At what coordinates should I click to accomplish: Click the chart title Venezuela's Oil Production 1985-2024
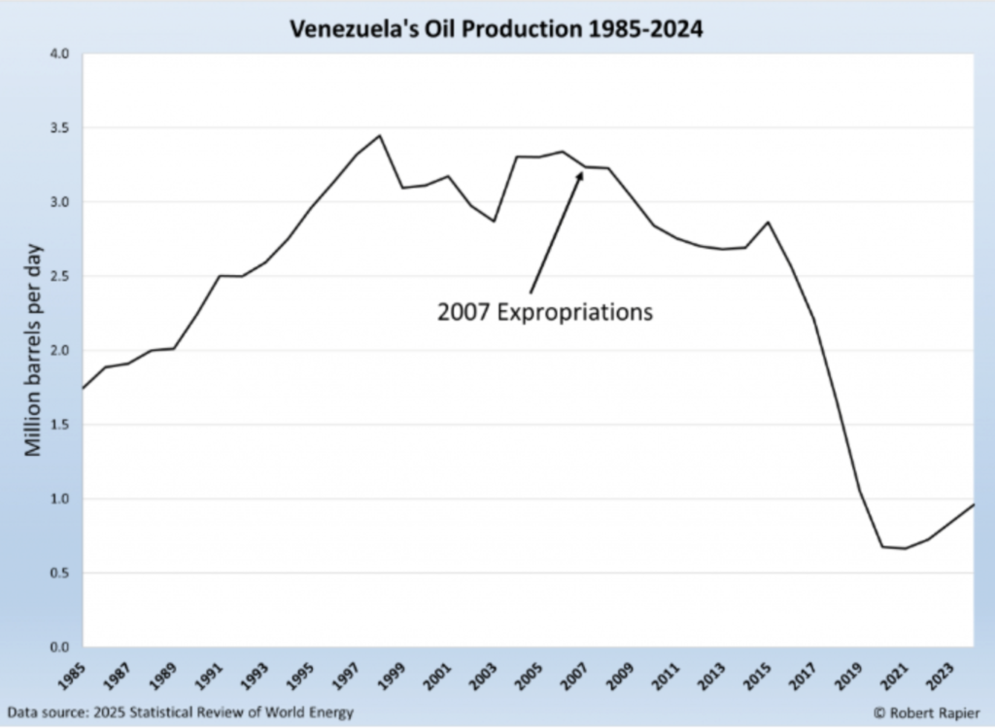click(x=497, y=30)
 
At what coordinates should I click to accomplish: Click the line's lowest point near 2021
click(x=905, y=548)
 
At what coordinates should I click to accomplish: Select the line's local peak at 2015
click(x=768, y=222)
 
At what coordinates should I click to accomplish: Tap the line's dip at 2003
click(x=494, y=222)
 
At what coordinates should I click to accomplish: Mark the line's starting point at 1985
click(x=83, y=389)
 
